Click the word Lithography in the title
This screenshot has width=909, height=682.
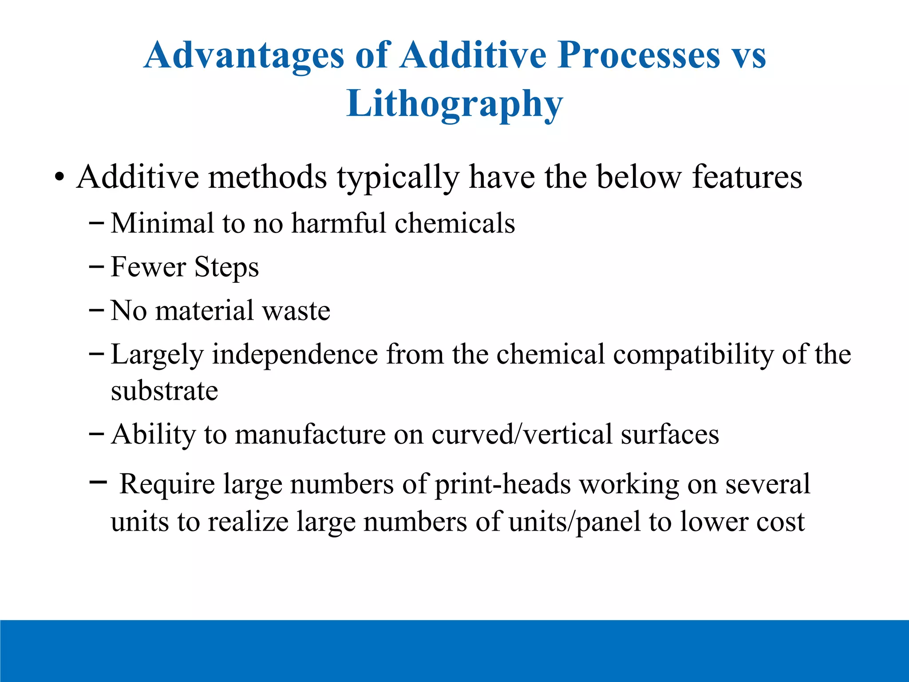pyautogui.click(x=454, y=104)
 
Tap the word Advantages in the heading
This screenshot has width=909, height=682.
pyautogui.click(x=244, y=56)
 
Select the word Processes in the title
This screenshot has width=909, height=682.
pyautogui.click(x=639, y=56)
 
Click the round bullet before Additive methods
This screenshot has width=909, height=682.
pyautogui.click(x=59, y=178)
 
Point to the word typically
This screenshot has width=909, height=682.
pyautogui.click(x=397, y=178)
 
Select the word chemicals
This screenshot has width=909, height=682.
pyautogui.click(x=454, y=223)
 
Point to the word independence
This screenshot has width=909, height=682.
pyautogui.click(x=295, y=355)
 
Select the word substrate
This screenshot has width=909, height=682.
pyautogui.click(x=164, y=391)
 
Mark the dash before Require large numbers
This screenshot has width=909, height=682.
pyautogui.click(x=98, y=481)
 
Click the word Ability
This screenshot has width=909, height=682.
pyautogui.click(x=153, y=434)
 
